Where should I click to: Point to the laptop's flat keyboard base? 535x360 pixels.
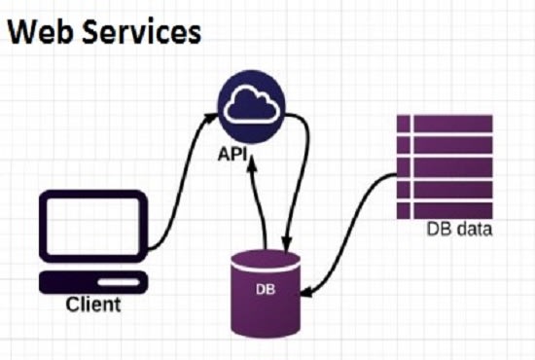93,281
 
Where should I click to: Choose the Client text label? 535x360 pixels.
93,305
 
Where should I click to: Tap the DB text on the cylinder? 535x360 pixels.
264,289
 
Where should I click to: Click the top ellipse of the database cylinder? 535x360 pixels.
264,259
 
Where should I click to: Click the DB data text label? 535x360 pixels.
459,231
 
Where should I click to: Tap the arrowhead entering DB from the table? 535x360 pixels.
308,290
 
